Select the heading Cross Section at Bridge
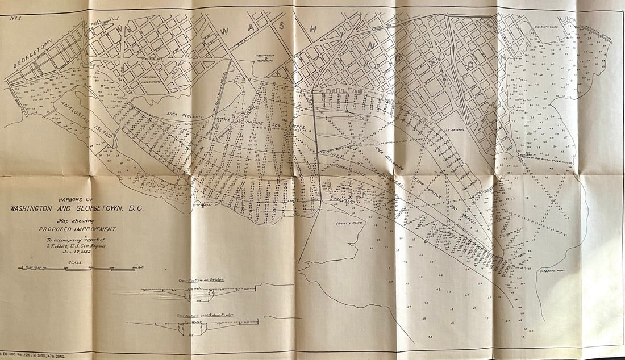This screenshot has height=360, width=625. coord(196,282)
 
